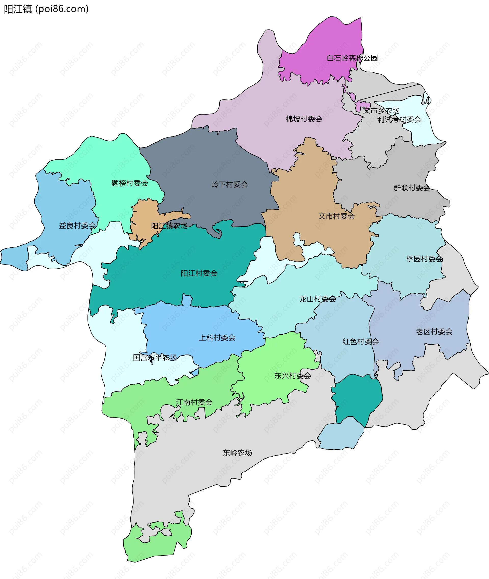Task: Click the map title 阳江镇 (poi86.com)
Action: (x=46, y=9)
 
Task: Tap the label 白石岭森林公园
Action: (x=352, y=58)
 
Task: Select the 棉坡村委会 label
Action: (x=304, y=119)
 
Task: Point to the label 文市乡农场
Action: (x=381, y=111)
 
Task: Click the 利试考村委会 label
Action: (x=399, y=120)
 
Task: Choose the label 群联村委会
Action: (x=412, y=188)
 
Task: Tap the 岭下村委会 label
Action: (x=229, y=184)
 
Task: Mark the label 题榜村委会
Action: (x=129, y=183)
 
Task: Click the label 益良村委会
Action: (x=77, y=226)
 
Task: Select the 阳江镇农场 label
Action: (x=169, y=226)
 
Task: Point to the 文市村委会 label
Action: (x=336, y=216)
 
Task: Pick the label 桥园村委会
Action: (x=424, y=259)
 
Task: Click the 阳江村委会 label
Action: (x=199, y=273)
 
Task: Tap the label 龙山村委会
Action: (x=317, y=299)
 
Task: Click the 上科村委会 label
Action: (x=217, y=337)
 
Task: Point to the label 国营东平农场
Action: (x=155, y=358)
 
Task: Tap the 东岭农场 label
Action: (x=237, y=453)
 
